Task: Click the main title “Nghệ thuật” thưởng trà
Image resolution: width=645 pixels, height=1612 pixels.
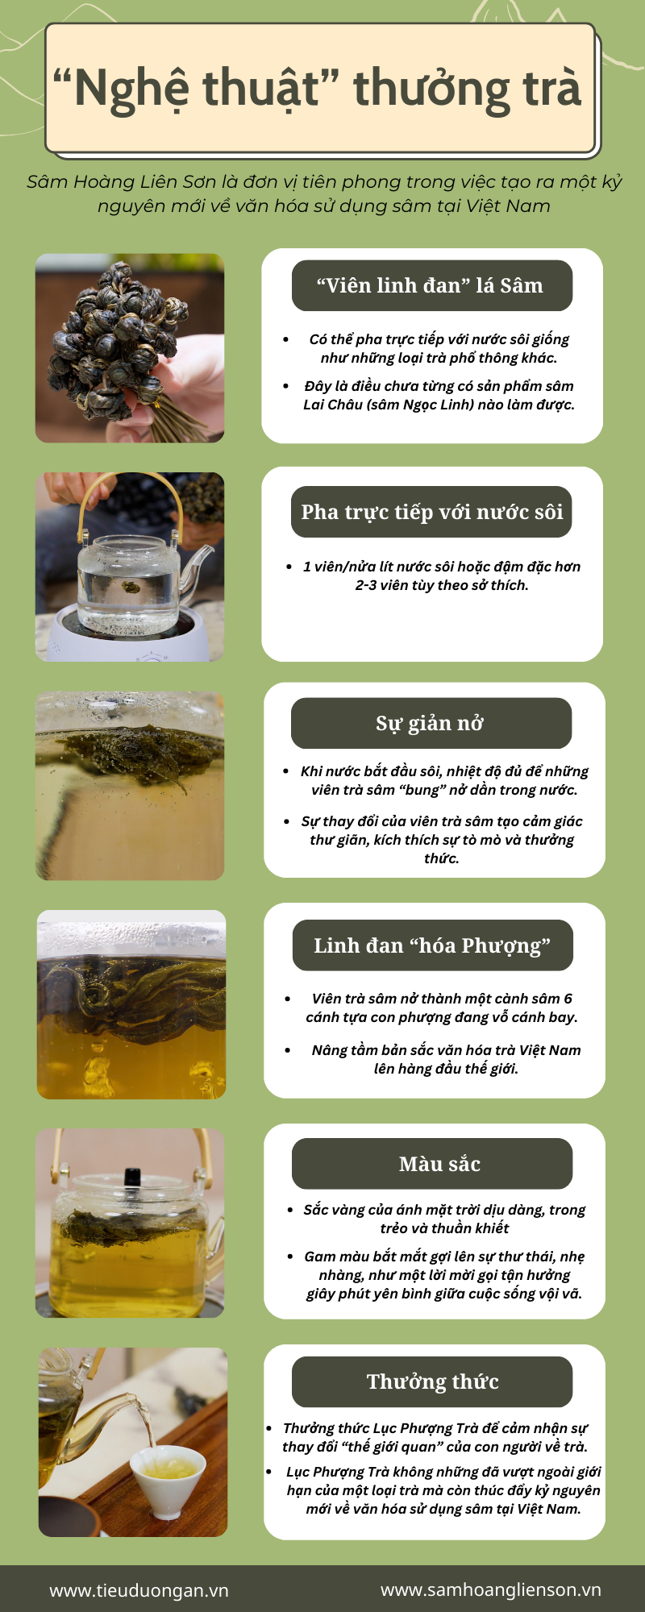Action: coord(317,88)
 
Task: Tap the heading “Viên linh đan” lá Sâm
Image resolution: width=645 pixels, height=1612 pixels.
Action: coord(430,285)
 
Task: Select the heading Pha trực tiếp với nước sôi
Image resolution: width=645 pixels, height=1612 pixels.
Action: coord(432,513)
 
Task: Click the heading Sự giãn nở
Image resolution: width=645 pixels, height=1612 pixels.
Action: coord(430,724)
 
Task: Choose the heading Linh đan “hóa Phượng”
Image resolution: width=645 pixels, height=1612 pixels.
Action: coord(432,945)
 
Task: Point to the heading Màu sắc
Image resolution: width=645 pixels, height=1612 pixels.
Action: coord(439,1164)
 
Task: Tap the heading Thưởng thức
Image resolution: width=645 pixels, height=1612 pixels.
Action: coord(433,1381)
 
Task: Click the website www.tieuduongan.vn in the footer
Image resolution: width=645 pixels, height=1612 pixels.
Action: coord(139,1590)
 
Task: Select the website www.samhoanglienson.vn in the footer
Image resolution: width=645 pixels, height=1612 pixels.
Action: coord(491,1589)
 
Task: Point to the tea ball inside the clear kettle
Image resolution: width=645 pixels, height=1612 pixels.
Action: coord(131,587)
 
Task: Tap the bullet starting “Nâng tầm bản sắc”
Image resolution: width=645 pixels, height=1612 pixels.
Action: coord(446,1059)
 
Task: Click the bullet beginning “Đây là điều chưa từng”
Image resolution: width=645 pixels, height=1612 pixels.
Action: coord(439,395)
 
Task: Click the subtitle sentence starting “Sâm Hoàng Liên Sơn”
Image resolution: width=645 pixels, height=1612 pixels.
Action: coord(324,193)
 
